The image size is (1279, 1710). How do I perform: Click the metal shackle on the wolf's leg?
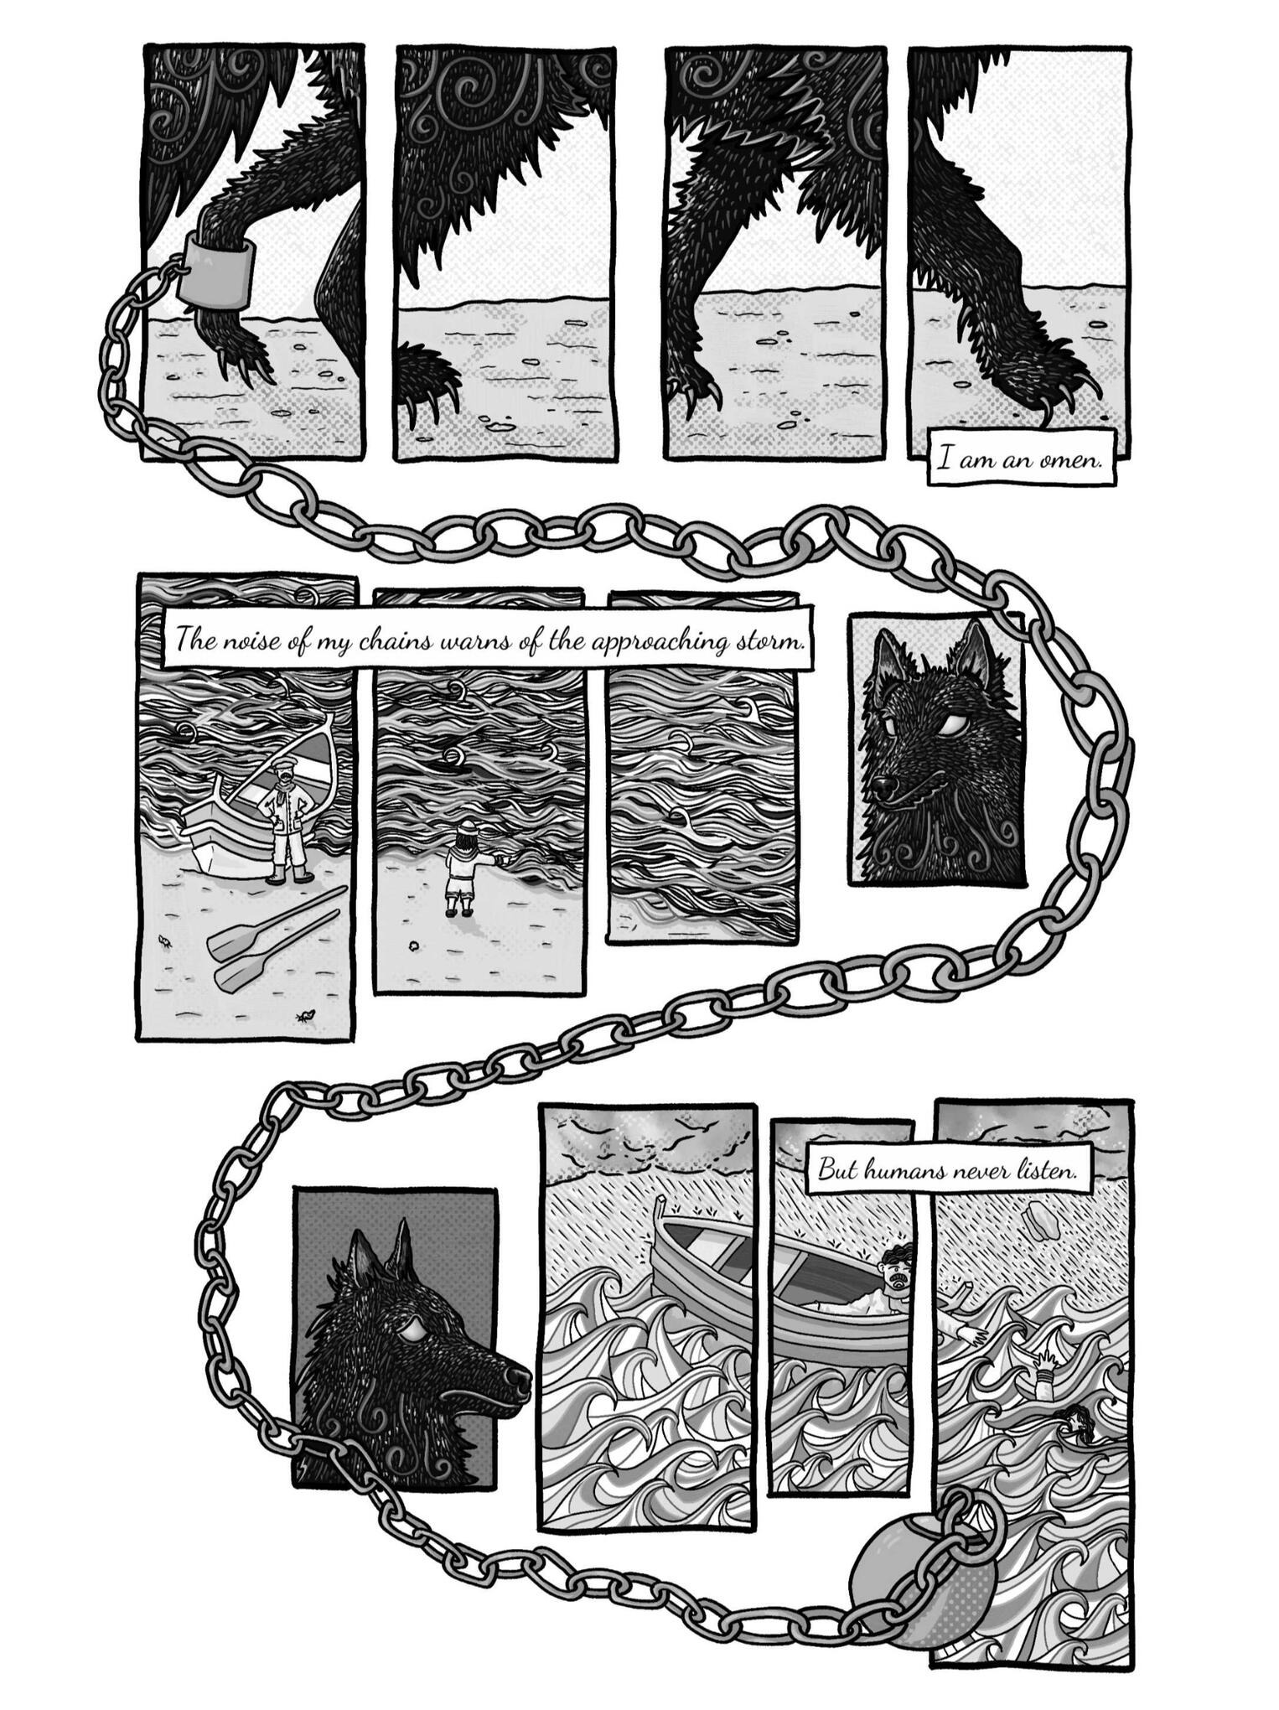[x=216, y=269]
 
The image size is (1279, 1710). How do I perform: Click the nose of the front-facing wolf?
[x=881, y=787]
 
